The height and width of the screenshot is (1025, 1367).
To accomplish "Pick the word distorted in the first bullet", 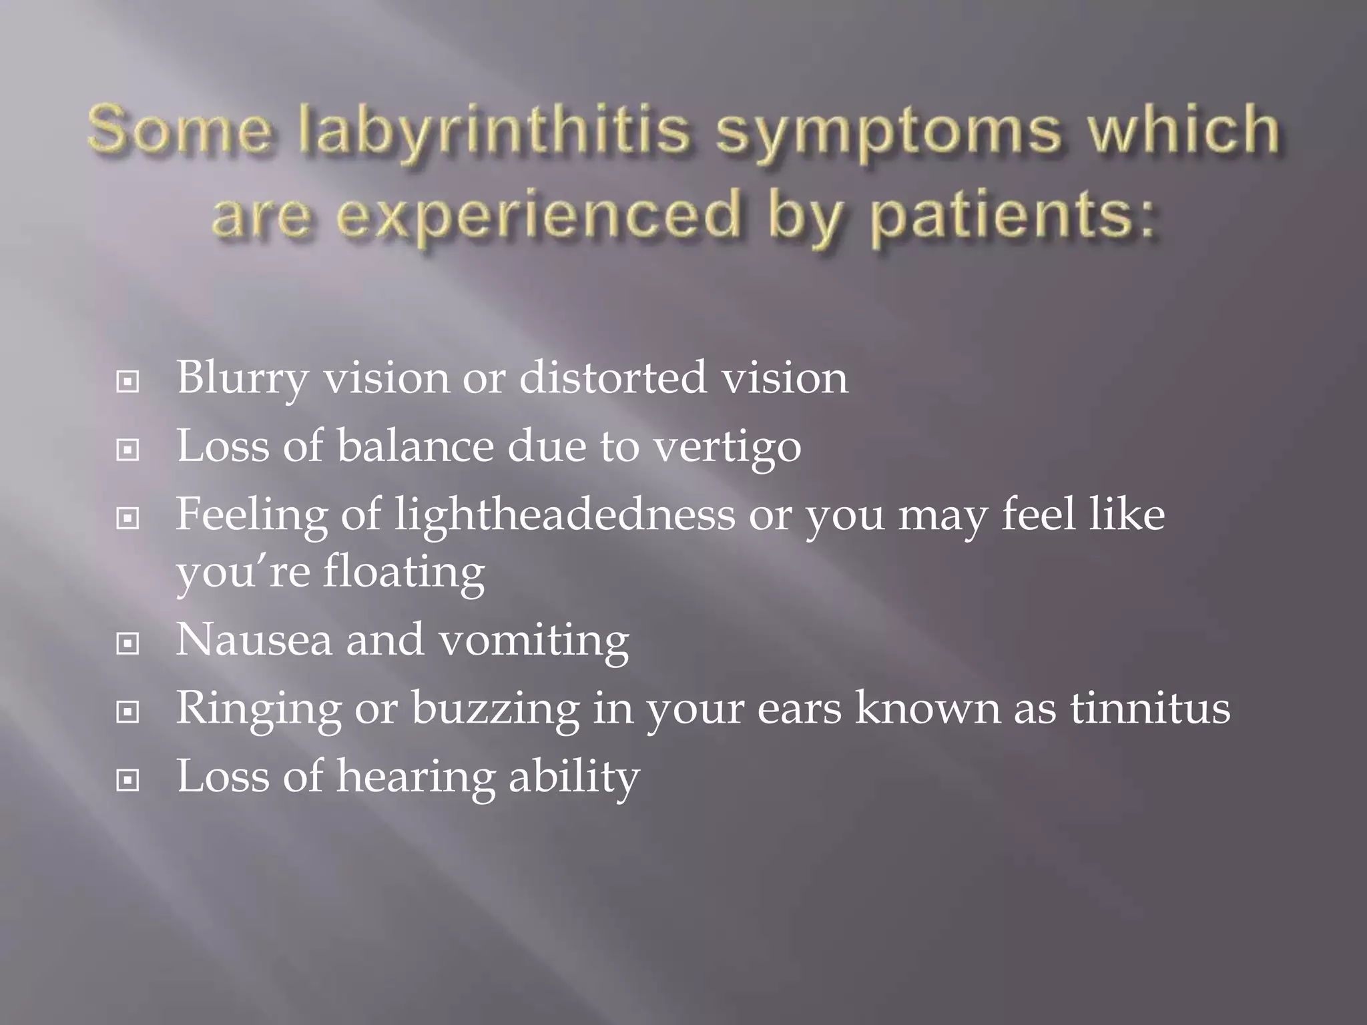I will click(x=612, y=378).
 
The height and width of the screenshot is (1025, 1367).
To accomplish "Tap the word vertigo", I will click(x=727, y=447).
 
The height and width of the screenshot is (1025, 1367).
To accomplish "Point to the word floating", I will click(x=404, y=573).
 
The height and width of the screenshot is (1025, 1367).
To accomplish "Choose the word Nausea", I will click(x=254, y=640).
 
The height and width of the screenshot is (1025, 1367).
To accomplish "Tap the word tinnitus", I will click(x=1151, y=708).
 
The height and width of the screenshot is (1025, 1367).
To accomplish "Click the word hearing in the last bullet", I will click(x=415, y=777).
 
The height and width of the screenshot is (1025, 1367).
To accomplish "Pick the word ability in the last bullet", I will click(x=574, y=777).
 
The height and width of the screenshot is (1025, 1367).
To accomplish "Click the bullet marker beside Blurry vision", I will click(x=127, y=382).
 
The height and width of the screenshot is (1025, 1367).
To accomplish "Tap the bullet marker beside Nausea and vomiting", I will click(x=127, y=644).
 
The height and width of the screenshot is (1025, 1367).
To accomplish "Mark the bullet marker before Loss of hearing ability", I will click(x=127, y=779).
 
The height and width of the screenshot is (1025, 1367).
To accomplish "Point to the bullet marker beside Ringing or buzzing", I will click(x=127, y=713).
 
